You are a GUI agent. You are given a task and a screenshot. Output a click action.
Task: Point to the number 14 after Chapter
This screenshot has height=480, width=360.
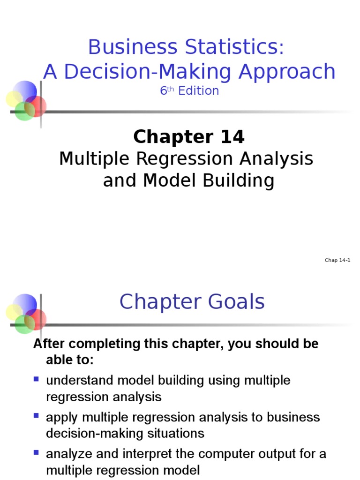click(x=230, y=137)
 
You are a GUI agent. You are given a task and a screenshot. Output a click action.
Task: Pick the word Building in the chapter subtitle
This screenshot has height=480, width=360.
click(x=237, y=180)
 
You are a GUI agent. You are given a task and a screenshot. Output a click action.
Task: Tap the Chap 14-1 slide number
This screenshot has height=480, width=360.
click(x=337, y=261)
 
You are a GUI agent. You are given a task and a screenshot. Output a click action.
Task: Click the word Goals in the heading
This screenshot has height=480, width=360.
click(x=235, y=302)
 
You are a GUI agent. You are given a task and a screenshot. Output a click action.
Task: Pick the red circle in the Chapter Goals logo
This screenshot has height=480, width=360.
click(x=37, y=318)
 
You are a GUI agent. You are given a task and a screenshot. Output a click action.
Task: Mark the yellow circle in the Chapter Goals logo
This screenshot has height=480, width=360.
click(x=14, y=312)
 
